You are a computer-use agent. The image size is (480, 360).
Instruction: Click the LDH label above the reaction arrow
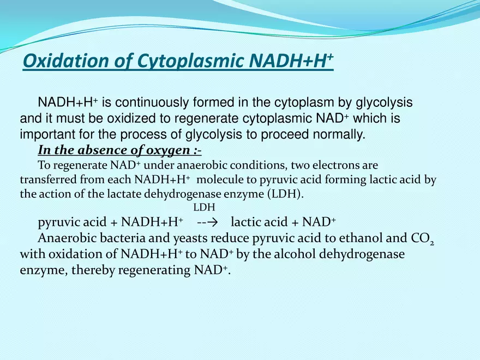coord(205,207)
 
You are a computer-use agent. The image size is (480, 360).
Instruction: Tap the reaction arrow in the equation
coord(206,222)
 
